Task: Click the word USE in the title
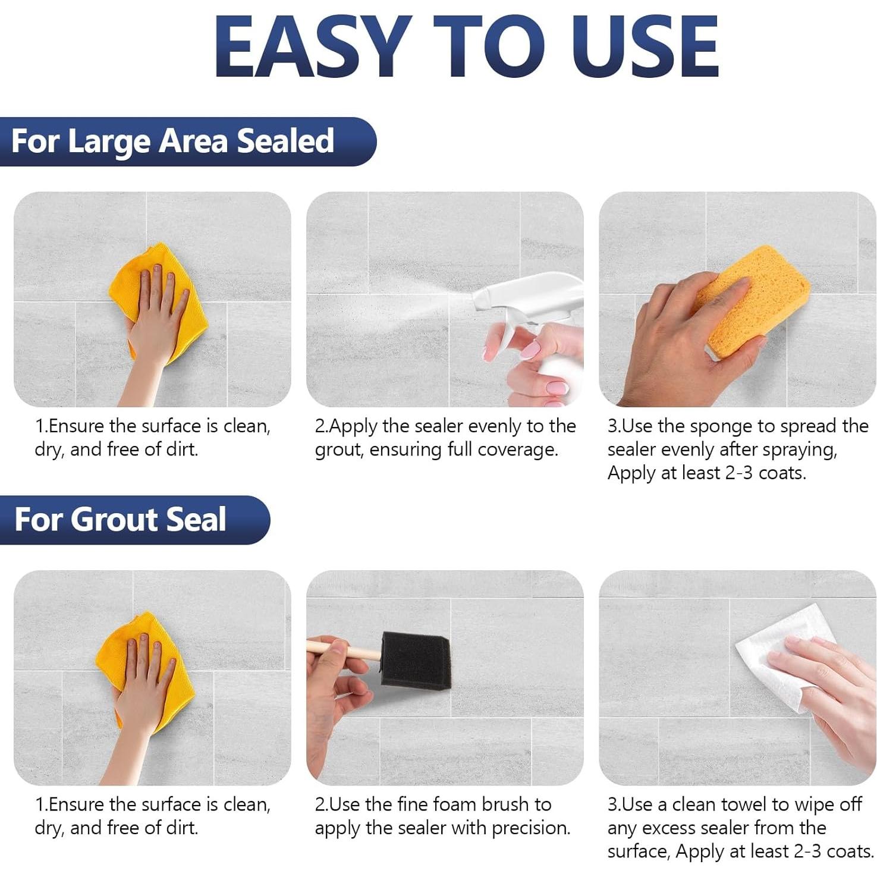[x=646, y=46]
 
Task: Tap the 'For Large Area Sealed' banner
[x=188, y=142]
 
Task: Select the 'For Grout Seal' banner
[x=135, y=520]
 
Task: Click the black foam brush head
[x=414, y=659]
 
